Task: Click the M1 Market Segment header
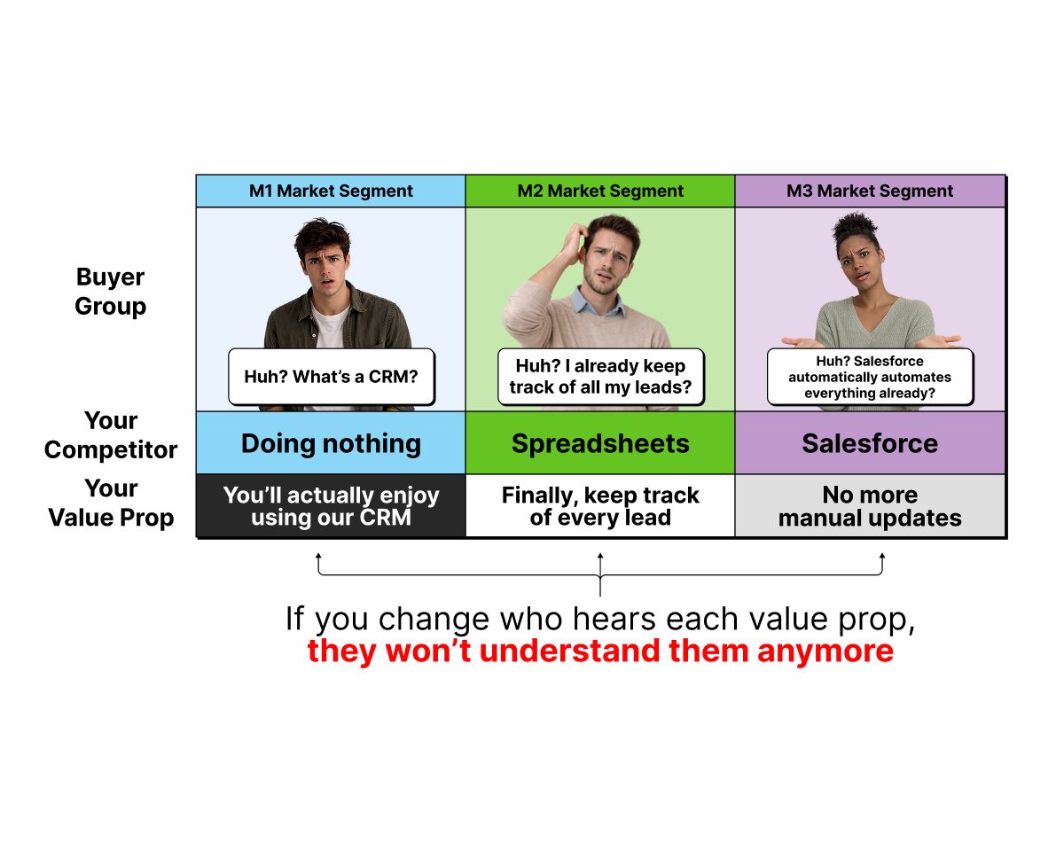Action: pyautogui.click(x=330, y=191)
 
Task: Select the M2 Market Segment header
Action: pyautogui.click(x=599, y=191)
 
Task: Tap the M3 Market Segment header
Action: pyautogui.click(x=870, y=191)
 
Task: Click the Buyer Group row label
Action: pyautogui.click(x=110, y=292)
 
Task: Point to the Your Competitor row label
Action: pyautogui.click(x=110, y=435)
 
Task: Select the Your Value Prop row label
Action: pyautogui.click(x=111, y=503)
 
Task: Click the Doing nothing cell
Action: pyautogui.click(x=330, y=443)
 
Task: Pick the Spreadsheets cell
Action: pyautogui.click(x=599, y=443)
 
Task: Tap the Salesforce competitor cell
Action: pyautogui.click(x=870, y=443)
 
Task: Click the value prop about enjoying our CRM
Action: pyautogui.click(x=330, y=506)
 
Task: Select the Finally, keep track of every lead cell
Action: pyautogui.click(x=599, y=506)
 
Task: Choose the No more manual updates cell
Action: pyautogui.click(x=870, y=506)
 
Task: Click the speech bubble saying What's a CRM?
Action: pyautogui.click(x=332, y=377)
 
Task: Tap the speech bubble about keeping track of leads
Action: pyautogui.click(x=601, y=377)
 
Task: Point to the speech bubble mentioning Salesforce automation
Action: pyautogui.click(x=870, y=377)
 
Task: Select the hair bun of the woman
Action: pyautogui.click(x=855, y=224)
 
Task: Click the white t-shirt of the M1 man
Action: pyautogui.click(x=330, y=326)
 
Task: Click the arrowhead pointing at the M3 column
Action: pyautogui.click(x=882, y=557)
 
